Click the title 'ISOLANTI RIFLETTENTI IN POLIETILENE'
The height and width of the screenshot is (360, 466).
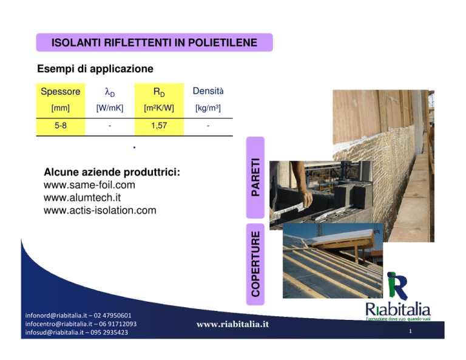coord(154,42)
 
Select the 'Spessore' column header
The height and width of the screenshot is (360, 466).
coord(60,91)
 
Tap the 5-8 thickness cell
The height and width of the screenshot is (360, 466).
coord(60,126)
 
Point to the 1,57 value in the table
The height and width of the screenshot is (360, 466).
coord(159,126)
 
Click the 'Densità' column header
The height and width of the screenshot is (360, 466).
coord(208,91)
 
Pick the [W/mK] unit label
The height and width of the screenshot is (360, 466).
coord(110,108)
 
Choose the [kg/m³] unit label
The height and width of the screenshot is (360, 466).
coord(208,108)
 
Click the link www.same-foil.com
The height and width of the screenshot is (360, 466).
coord(89,185)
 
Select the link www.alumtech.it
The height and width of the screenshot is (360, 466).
coord(82,197)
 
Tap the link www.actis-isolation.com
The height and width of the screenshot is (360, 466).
coord(100,210)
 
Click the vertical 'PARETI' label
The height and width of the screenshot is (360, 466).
coord(255,177)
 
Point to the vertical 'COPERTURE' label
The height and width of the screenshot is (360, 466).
coord(255,264)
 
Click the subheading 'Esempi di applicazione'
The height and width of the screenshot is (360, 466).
coord(95,69)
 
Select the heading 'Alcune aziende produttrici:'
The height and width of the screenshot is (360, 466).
coord(112,172)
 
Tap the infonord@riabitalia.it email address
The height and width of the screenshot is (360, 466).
coord(56,316)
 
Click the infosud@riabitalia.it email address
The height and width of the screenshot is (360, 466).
coord(55,332)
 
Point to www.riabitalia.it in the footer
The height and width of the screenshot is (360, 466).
coord(233,324)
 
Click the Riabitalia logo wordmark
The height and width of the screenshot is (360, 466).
coord(398,310)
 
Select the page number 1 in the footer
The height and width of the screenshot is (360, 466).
coord(410,331)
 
